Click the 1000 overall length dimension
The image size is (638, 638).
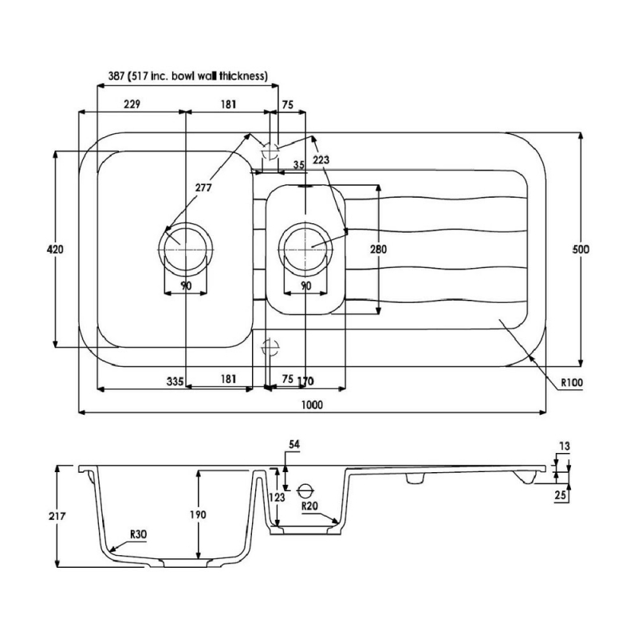click(x=312, y=405)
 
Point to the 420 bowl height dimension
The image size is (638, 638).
click(x=56, y=250)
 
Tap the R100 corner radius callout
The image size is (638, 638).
click(x=571, y=382)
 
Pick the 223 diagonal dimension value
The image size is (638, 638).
click(x=321, y=160)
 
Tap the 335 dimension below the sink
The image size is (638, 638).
click(x=175, y=380)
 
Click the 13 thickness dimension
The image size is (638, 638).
click(x=565, y=447)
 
